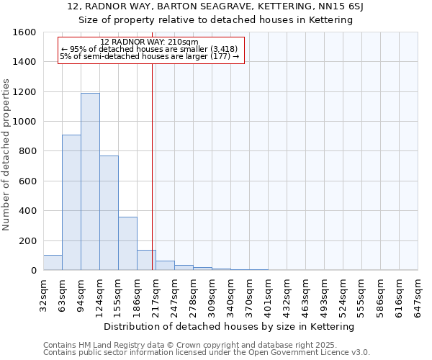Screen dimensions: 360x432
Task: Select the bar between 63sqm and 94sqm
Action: point(71,202)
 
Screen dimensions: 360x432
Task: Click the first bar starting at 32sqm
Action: point(53,263)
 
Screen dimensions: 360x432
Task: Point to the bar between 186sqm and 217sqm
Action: point(146,260)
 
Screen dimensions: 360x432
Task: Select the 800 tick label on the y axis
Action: point(28,151)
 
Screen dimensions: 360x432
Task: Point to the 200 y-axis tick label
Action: point(28,240)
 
